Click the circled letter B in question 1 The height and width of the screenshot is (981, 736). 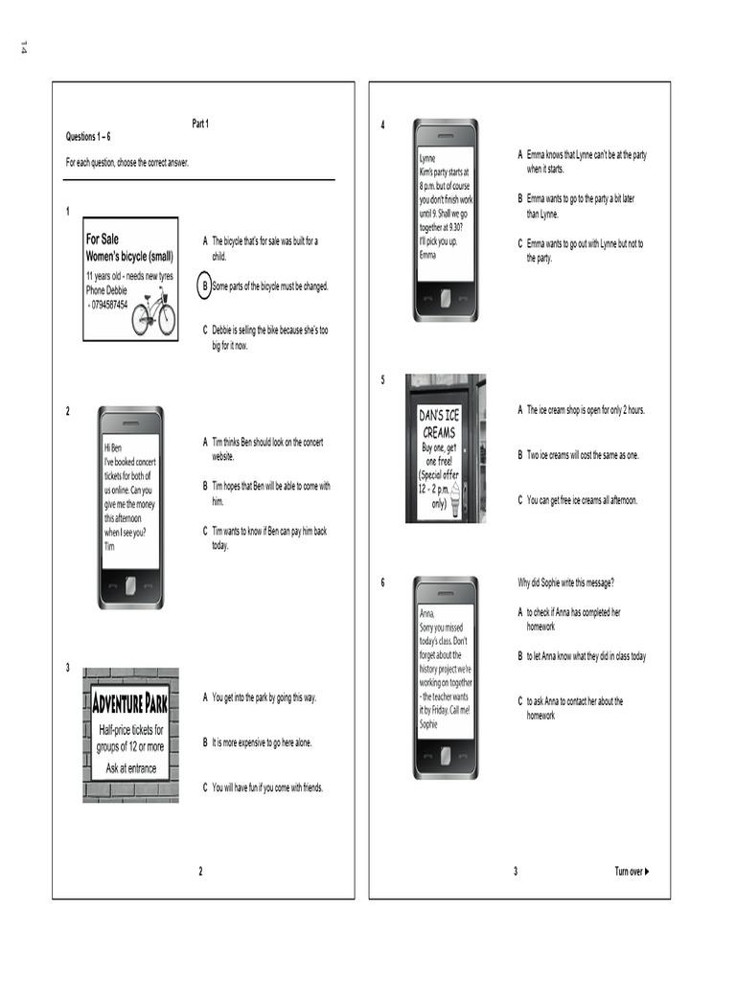tap(204, 285)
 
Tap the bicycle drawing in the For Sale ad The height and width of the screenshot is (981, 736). tap(153, 312)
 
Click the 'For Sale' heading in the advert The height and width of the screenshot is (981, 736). tap(103, 239)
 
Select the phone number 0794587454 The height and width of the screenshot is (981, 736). tap(109, 305)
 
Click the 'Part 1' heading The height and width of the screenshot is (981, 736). tap(200, 124)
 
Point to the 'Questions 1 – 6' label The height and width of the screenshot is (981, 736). tap(88, 137)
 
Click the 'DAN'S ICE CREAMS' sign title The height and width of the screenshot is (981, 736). tap(439, 422)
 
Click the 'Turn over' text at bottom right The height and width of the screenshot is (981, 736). tap(628, 871)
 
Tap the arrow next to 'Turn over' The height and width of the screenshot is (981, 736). tap(649, 871)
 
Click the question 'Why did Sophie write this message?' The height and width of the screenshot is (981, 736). tap(565, 582)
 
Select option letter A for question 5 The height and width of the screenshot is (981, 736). tap(520, 410)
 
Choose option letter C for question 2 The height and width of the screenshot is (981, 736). tap(205, 531)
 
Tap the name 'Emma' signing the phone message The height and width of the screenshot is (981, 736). tap(427, 255)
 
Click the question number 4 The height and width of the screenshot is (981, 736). tap(383, 125)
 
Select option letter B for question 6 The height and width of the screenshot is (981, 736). tap(520, 656)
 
